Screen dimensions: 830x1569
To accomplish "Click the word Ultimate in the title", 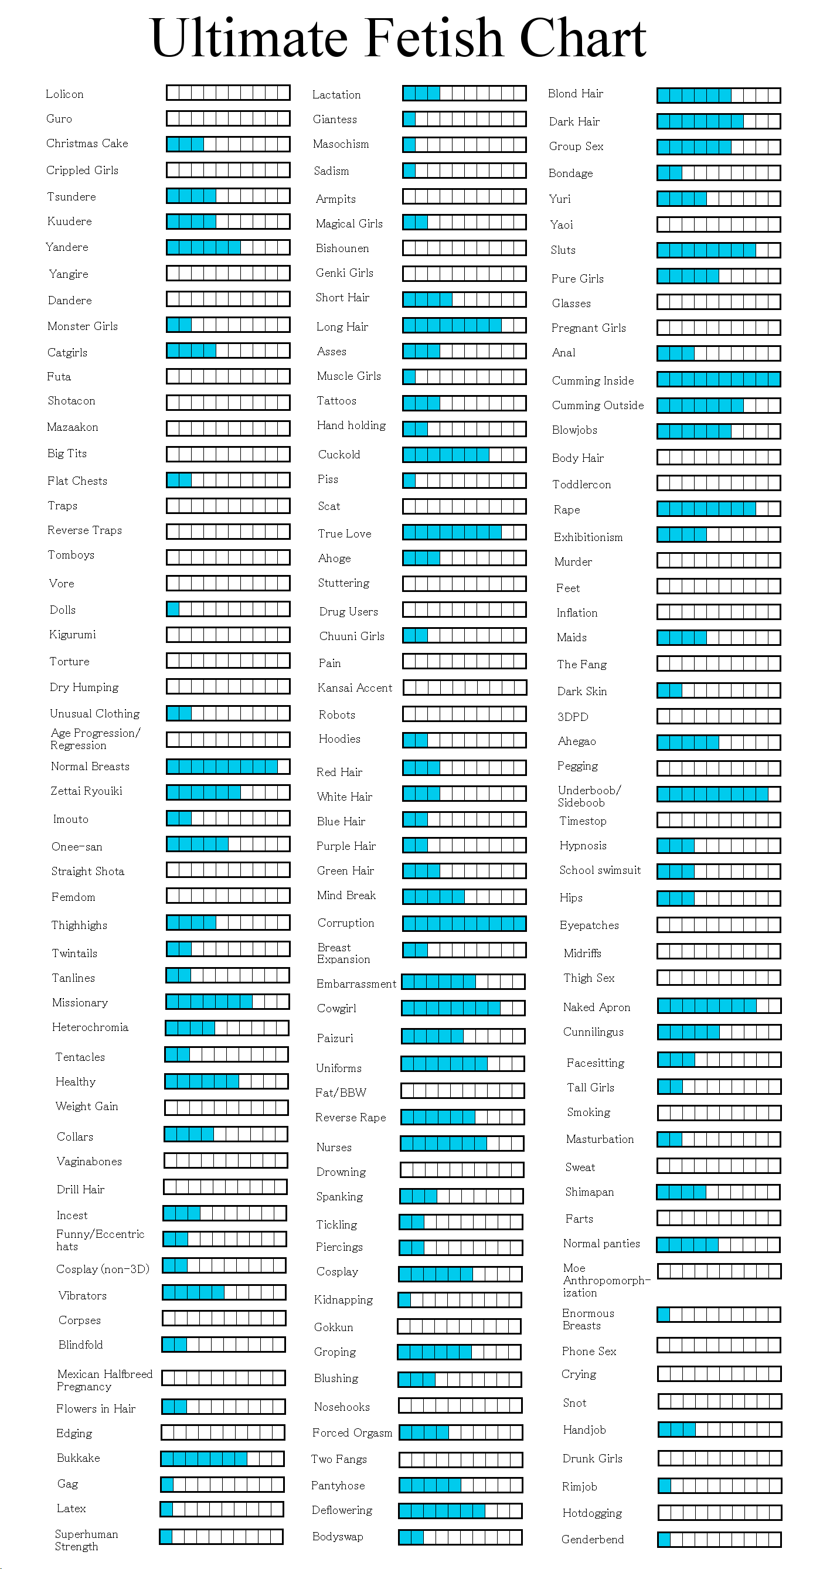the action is point(249,38).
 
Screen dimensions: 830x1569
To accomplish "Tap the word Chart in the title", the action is point(583,38).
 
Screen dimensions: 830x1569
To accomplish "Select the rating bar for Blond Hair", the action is point(719,95).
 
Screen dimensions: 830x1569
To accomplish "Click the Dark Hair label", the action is point(574,121).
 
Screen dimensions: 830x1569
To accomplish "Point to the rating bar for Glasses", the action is point(719,301).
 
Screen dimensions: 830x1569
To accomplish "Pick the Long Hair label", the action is point(342,326).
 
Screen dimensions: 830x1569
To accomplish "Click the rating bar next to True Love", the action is point(464,532).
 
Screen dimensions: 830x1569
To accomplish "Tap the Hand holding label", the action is point(351,425).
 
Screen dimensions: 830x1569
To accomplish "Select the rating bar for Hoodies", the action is point(464,740).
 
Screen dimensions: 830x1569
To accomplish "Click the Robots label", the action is point(337,714).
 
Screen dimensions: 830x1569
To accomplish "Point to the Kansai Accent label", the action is point(355,687).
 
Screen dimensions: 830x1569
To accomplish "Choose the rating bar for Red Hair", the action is point(464,767).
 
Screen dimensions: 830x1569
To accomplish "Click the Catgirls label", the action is point(67,353).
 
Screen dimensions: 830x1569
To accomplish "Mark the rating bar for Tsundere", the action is point(229,196).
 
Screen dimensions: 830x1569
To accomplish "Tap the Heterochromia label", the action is point(90,1027).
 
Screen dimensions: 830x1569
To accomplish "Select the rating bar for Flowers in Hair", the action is point(223,1407).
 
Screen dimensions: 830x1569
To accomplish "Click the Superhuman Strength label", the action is point(87,1540).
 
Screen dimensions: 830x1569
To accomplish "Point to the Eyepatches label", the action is point(589,925).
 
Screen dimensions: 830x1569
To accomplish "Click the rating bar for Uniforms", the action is point(463,1063).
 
